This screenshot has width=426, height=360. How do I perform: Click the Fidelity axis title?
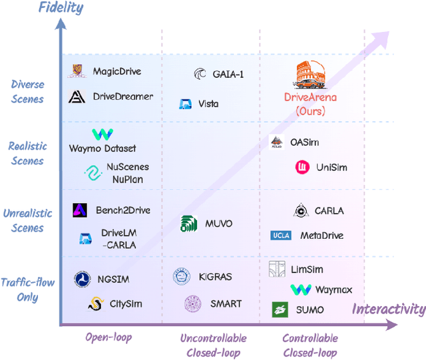61,8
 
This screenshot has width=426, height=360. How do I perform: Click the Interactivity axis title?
388,309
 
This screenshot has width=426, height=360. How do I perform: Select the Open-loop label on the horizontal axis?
108,337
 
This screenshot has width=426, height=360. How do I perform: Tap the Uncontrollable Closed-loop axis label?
213,345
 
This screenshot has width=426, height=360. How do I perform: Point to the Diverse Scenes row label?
27,92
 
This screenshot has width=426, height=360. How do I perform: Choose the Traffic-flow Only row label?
27,289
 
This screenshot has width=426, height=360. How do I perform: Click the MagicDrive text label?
117,72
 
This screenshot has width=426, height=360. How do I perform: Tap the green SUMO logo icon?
280,309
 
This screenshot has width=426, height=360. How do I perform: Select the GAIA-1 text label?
228,74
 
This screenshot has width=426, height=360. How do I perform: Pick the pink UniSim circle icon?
303,167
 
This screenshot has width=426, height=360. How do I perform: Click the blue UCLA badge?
281,236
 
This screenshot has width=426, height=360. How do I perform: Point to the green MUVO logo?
188,224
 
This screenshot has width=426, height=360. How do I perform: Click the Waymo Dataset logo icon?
103,134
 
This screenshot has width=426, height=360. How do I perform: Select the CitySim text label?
126,304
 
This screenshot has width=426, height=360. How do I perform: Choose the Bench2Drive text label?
123,210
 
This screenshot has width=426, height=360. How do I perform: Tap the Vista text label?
208,104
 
